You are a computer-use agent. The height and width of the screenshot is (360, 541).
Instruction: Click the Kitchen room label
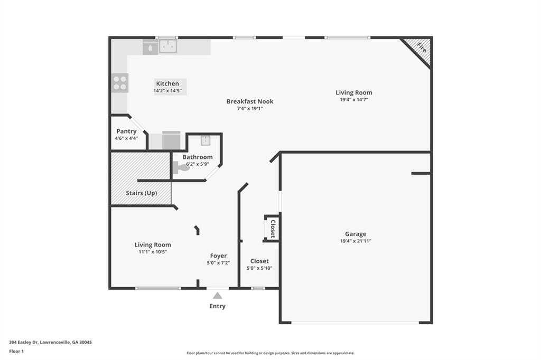tap(167, 83)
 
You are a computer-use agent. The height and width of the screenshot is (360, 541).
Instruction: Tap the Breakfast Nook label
tap(250, 101)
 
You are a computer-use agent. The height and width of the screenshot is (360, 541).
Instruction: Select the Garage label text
tap(356, 234)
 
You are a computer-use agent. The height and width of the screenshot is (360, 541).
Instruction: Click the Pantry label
tap(126, 131)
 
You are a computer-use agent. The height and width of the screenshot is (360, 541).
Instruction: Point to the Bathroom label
tap(198, 157)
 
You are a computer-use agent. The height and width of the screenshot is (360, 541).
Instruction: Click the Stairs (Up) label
tap(141, 193)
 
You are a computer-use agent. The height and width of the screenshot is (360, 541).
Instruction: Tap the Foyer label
tap(218, 255)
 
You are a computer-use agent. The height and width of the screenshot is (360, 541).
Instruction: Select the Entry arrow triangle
tap(217, 296)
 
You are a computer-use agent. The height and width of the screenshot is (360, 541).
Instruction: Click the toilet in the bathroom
tap(180, 167)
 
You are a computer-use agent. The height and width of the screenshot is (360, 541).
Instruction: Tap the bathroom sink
tap(205, 140)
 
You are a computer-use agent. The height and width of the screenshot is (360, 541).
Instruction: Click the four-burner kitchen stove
tap(120, 83)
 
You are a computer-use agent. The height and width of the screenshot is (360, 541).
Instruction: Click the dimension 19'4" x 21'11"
tap(356, 241)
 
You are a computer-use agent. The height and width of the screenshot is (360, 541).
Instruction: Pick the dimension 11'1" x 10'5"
tap(152, 252)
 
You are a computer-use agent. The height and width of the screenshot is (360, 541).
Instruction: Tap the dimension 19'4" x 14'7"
tap(353, 99)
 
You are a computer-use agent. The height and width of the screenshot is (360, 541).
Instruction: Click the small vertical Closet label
tap(273, 228)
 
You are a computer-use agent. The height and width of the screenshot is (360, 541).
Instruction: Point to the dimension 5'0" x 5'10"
tap(259, 268)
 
